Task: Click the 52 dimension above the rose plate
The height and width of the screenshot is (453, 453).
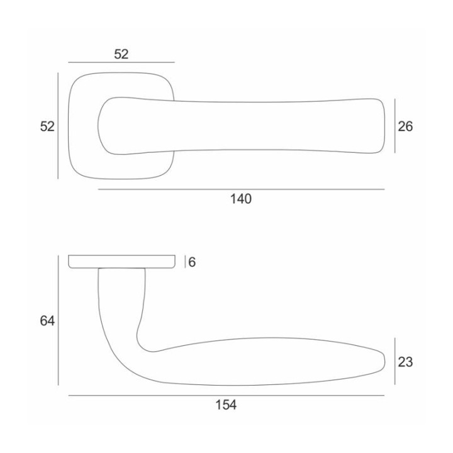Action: pyautogui.click(x=121, y=54)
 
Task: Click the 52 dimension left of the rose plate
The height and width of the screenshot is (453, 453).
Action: pyautogui.click(x=47, y=126)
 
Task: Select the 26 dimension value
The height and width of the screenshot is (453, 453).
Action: pyautogui.click(x=405, y=126)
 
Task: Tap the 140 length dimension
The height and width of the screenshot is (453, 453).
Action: pyautogui.click(x=240, y=199)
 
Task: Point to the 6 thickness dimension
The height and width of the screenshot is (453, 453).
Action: pyautogui.click(x=192, y=262)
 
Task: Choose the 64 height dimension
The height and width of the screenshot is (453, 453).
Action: pyautogui.click(x=47, y=321)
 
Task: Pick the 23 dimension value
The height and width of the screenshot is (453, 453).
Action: pyautogui.click(x=405, y=362)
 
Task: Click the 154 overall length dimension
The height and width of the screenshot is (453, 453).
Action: pyautogui.click(x=226, y=405)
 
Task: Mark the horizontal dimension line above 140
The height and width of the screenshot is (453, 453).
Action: pyautogui.click(x=241, y=189)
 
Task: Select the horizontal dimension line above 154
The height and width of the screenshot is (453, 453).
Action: pyautogui.click(x=226, y=396)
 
